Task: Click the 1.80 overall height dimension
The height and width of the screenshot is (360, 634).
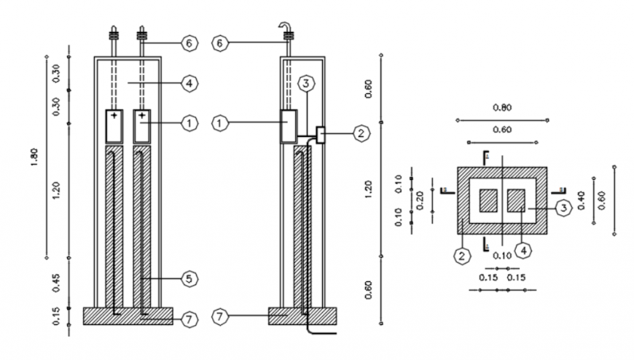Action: click(x=35, y=157)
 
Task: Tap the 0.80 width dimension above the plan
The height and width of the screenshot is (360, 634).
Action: click(x=502, y=108)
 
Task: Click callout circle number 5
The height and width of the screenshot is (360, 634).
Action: click(x=188, y=278)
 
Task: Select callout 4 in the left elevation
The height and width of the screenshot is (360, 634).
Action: click(x=188, y=84)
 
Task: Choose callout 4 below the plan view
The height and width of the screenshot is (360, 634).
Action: click(x=523, y=251)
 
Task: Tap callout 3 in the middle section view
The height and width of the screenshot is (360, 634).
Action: click(x=307, y=84)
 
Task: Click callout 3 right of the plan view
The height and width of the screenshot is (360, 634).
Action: click(x=563, y=208)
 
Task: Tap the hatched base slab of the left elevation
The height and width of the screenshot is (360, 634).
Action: click(x=128, y=316)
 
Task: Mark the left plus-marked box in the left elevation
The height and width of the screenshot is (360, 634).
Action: click(x=114, y=125)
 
